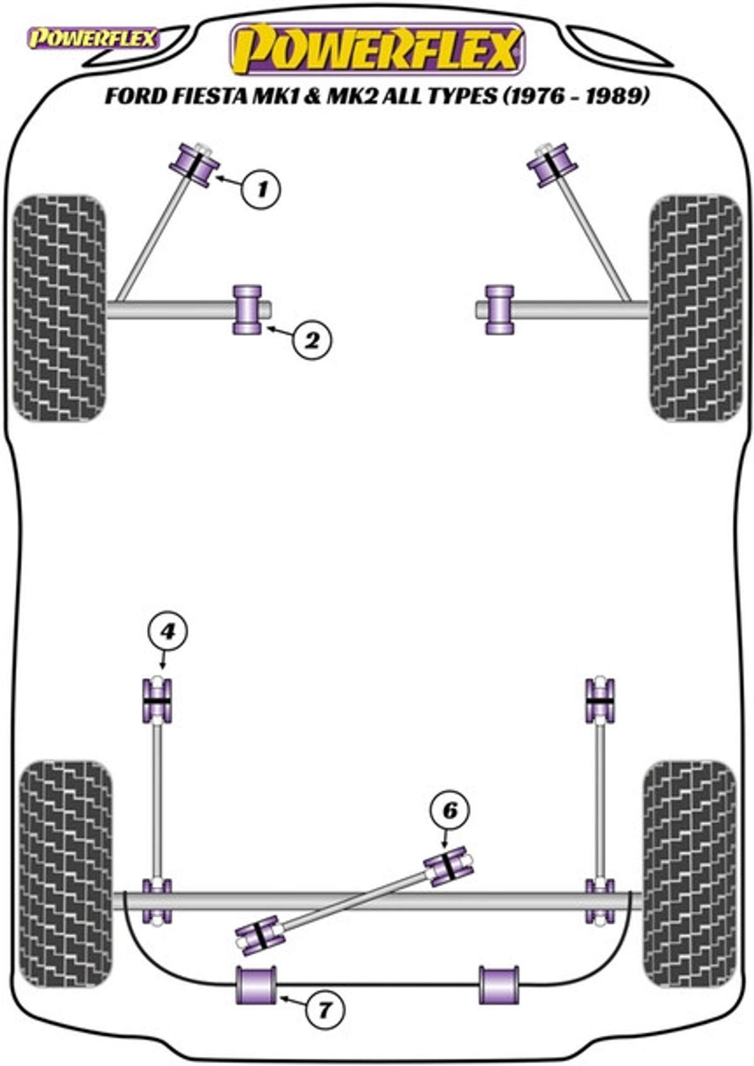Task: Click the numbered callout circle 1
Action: pos(261,188)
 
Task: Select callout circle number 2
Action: pos(311,340)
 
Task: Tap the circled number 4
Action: pos(167,631)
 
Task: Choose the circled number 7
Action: pos(325,1009)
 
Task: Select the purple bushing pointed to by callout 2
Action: pos(248,310)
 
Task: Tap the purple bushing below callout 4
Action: pos(157,700)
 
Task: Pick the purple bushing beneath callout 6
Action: pos(449,866)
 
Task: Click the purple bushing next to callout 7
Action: pos(256,985)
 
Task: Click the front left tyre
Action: pos(60,308)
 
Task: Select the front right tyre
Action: pos(696,308)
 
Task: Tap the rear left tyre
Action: pos(66,873)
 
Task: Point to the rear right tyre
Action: pos(689,873)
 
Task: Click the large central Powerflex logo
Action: pos(377,49)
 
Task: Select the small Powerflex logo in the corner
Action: pos(93,39)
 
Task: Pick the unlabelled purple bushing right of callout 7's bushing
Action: pos(499,985)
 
